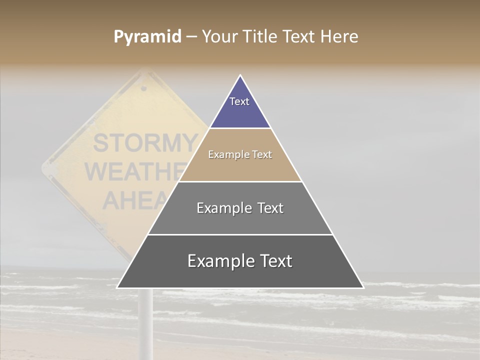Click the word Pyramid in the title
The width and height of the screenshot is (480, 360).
[147, 37]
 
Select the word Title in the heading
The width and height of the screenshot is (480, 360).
[261, 37]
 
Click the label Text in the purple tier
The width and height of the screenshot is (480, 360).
[239, 101]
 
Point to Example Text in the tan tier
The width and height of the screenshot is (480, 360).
[240, 154]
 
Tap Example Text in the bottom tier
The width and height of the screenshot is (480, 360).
[240, 261]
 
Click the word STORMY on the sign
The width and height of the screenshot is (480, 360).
[145, 143]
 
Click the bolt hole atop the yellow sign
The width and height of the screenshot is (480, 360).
[144, 88]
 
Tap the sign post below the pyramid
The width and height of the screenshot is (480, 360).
[145, 320]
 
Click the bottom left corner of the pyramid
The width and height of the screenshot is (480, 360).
[117, 287]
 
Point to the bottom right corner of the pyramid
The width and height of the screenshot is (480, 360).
[363, 287]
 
